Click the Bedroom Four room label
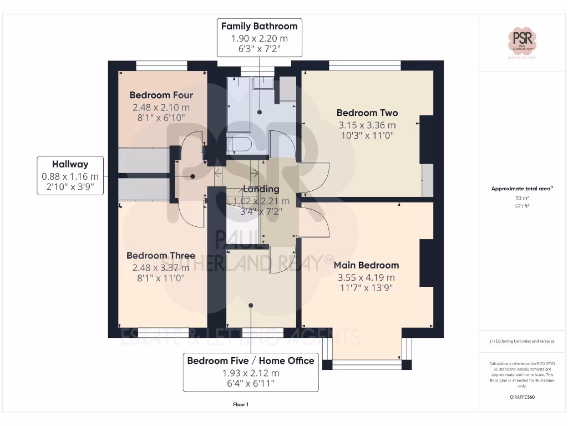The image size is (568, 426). coord(161,95)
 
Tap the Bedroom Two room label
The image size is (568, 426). coord(367,113)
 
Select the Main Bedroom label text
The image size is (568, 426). coord(366,265)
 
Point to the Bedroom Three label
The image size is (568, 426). coord(161,255)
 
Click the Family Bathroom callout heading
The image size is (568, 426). coord(259,26)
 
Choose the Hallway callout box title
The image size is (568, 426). coord(70,164)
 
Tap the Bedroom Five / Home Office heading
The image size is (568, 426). coord(251,361)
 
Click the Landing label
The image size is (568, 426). coord(261,189)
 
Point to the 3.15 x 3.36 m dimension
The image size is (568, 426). coord(367,125)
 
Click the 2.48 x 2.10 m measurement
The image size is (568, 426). coord(161,108)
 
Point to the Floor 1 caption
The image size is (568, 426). coord(241,404)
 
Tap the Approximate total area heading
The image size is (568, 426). coord(521,189)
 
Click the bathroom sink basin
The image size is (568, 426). coord(263,83)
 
